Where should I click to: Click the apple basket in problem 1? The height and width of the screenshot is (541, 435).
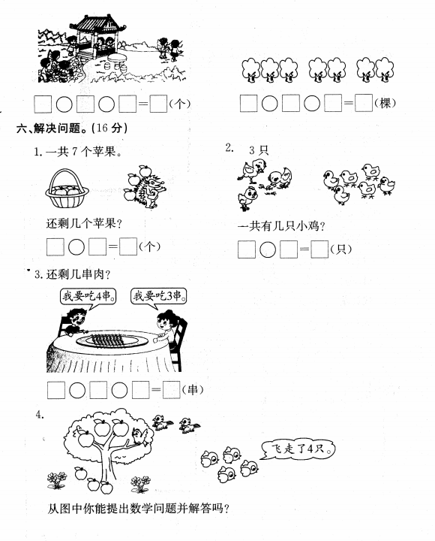point(67,189)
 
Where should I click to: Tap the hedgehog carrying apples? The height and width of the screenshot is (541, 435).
point(146,187)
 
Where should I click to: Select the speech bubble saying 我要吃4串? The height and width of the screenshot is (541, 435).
point(88,296)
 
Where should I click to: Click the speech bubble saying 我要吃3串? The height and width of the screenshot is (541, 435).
point(159,296)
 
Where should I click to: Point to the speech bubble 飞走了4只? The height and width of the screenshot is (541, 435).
point(297,449)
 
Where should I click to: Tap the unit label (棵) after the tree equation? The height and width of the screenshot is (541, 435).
point(385,103)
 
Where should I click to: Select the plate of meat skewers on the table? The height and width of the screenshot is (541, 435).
point(112,340)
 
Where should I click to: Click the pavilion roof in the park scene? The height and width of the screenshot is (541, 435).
point(97,24)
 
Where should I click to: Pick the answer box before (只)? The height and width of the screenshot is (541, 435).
point(319,249)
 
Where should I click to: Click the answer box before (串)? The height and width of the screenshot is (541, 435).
point(171,390)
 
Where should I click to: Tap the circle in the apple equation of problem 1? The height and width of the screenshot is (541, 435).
point(76,247)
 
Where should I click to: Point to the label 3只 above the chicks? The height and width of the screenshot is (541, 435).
point(258,150)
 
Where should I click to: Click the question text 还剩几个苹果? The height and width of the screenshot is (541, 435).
point(85,224)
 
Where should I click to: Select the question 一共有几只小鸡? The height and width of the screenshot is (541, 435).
point(282,226)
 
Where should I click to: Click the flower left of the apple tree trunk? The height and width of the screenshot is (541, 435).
point(57,480)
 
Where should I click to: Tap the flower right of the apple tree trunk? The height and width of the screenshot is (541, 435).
point(140,485)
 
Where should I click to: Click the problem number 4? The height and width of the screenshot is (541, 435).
point(40,415)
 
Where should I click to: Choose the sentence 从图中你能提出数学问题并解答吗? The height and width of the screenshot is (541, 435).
point(138,509)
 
